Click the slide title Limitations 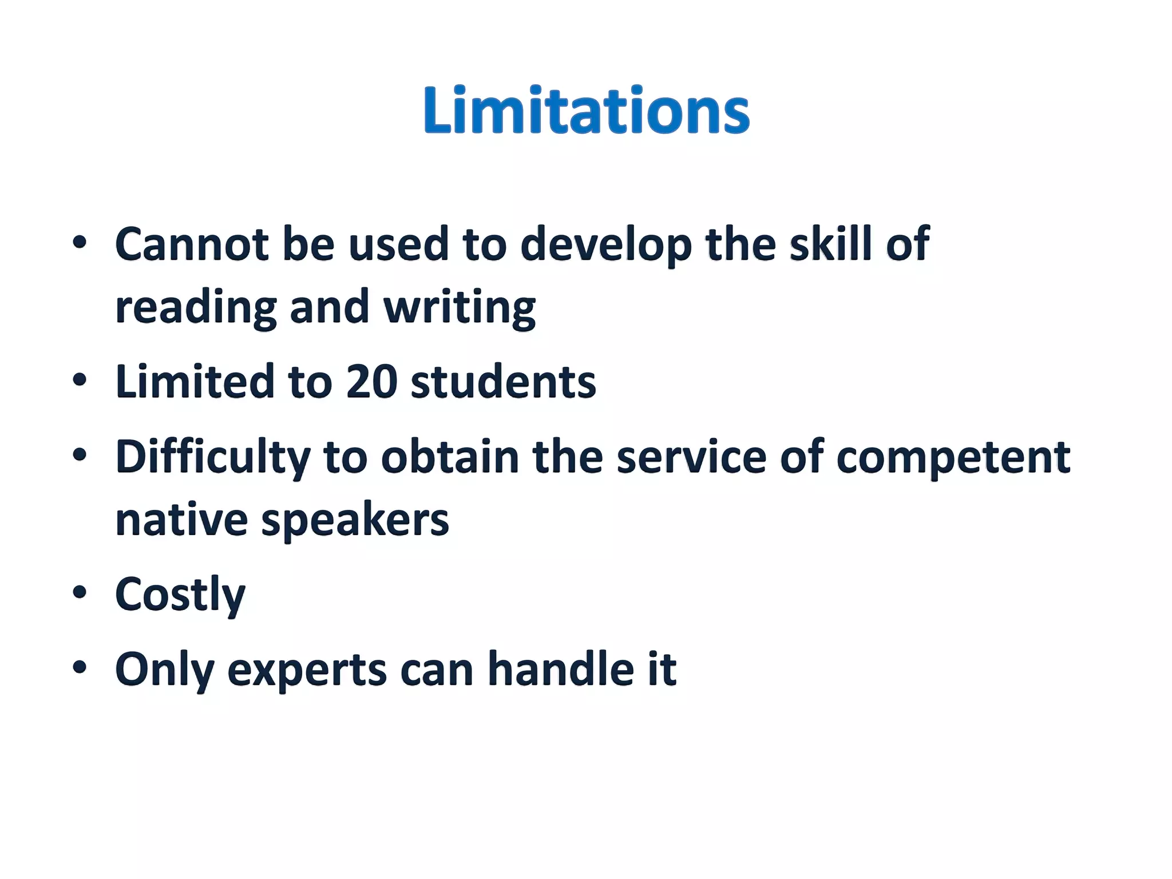coord(586,110)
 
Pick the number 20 coord(371,382)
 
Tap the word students coord(503,382)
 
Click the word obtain coord(450,457)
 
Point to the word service coord(691,457)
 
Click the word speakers coord(355,521)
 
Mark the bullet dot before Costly coord(80,592)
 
